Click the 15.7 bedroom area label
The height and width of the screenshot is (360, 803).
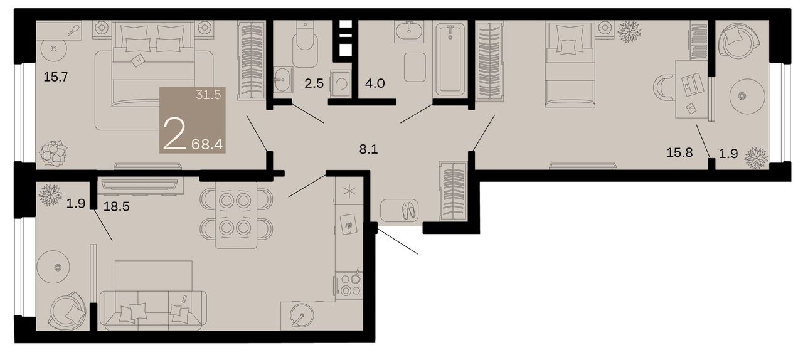pyautogui.click(x=56, y=77)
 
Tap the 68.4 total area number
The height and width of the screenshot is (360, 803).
pyautogui.click(x=207, y=144)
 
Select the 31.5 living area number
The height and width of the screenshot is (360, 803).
pyautogui.click(x=208, y=95)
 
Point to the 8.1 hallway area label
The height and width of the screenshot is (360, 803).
pyautogui.click(x=368, y=149)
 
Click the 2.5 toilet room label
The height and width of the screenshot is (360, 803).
pyautogui.click(x=314, y=83)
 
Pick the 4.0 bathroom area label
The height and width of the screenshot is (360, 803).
pyautogui.click(x=375, y=83)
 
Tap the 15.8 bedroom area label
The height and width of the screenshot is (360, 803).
pyautogui.click(x=679, y=153)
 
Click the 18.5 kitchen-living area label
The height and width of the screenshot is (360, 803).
pyautogui.click(x=117, y=206)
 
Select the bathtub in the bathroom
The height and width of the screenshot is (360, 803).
pyautogui.click(x=450, y=58)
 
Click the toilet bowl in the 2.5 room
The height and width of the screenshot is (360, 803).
pyautogui.click(x=305, y=45)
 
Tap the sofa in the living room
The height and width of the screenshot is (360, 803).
pyautogui.click(x=152, y=310)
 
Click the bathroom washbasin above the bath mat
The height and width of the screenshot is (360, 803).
pyautogui.click(x=408, y=31)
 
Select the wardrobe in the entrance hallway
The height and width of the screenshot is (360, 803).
pyautogui.click(x=453, y=191)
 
